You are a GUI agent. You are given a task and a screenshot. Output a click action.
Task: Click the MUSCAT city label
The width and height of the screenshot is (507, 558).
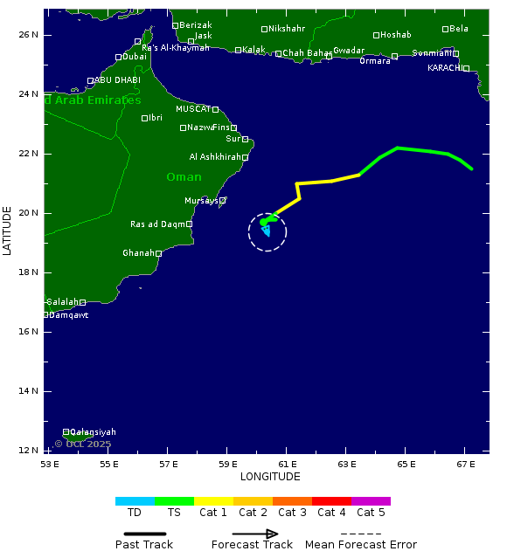(192, 109)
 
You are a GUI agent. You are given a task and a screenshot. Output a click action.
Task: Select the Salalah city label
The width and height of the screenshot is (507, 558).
(62, 302)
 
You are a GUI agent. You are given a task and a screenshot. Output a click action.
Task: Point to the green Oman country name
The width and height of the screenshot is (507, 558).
(184, 177)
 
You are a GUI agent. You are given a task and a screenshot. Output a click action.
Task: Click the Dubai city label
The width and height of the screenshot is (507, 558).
(135, 57)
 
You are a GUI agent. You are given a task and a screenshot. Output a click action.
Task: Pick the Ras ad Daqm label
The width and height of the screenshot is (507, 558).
(157, 224)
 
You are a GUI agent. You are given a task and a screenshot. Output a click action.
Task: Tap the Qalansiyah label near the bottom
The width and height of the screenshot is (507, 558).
(93, 432)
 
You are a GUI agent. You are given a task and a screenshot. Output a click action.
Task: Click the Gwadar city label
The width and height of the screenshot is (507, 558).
(349, 51)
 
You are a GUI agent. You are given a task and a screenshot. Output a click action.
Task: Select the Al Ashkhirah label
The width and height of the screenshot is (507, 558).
(215, 157)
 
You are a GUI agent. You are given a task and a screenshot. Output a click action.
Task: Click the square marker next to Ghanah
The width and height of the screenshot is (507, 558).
(158, 253)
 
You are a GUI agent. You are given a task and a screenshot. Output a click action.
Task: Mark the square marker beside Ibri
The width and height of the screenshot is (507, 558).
(144, 118)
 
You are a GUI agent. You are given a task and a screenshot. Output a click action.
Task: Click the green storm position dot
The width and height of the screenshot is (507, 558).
(264, 222)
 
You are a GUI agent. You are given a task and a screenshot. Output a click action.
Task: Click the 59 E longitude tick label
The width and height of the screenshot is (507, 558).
(228, 463)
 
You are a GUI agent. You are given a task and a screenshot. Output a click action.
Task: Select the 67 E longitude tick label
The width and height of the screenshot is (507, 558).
(465, 463)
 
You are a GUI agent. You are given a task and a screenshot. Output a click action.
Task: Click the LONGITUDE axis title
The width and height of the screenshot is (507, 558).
(270, 477)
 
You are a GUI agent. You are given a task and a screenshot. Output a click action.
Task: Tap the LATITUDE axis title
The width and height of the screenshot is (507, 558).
(8, 231)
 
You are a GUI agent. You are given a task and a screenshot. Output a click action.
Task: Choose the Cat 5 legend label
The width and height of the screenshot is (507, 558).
(371, 513)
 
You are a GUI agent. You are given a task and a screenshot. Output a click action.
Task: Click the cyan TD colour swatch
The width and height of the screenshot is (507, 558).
(135, 501)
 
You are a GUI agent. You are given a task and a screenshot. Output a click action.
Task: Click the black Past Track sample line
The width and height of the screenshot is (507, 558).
(144, 534)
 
